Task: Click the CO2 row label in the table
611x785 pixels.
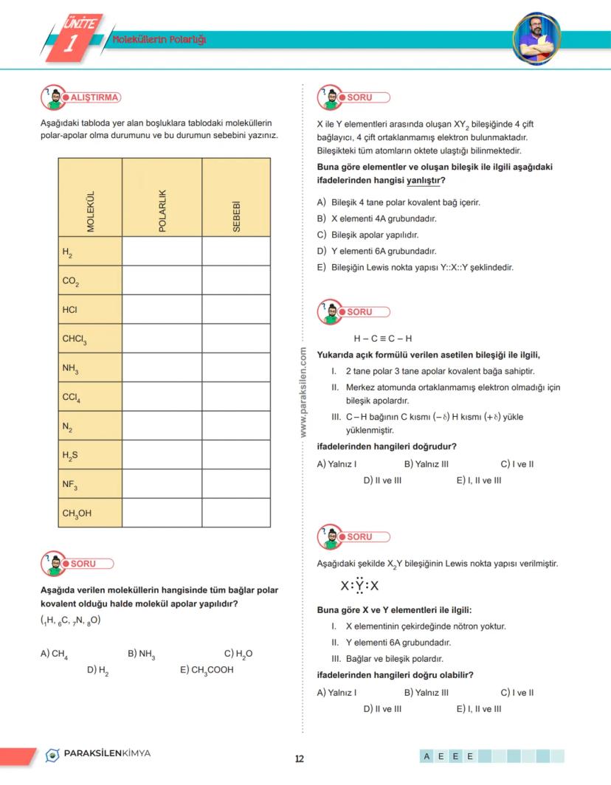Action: pos(72,282)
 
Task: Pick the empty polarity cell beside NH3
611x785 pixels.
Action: pos(162,367)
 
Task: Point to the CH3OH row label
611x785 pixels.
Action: pos(77,513)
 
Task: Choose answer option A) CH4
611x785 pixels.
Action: pos(55,654)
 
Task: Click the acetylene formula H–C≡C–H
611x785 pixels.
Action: pos(382,339)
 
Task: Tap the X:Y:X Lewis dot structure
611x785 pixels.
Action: pos(360,587)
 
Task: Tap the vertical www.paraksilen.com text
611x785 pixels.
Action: pos(303,393)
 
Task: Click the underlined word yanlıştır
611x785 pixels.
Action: pos(424,179)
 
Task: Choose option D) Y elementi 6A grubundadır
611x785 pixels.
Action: pos(376,251)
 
